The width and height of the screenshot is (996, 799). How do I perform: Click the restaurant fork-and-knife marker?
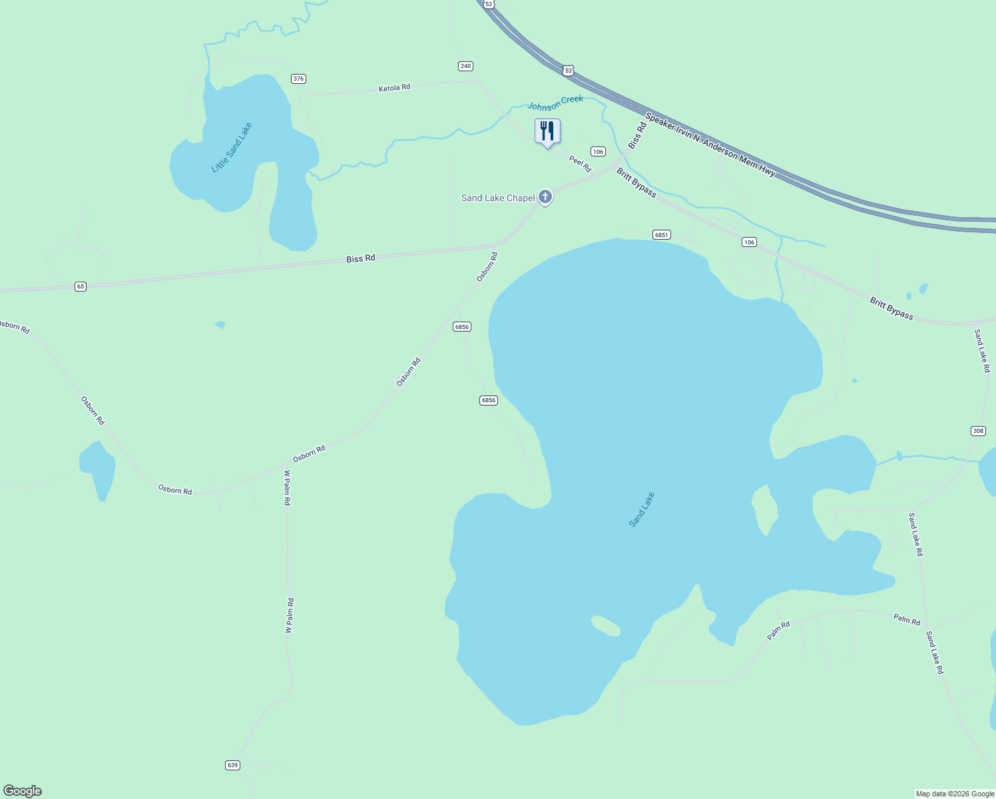pyautogui.click(x=547, y=132)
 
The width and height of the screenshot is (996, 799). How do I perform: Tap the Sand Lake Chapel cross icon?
pyautogui.click(x=545, y=196)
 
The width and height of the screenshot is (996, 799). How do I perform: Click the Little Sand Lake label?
pyautogui.click(x=232, y=148)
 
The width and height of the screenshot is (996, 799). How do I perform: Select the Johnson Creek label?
pyautogui.click(x=555, y=103)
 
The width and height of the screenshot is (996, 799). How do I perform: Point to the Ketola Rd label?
pyautogui.click(x=394, y=88)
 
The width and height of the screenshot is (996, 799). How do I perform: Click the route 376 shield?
pyautogui.click(x=298, y=79)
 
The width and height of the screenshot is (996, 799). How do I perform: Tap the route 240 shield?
pyautogui.click(x=465, y=66)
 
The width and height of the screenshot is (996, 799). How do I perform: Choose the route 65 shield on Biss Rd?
pyautogui.click(x=81, y=286)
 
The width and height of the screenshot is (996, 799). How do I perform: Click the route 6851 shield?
pyautogui.click(x=661, y=234)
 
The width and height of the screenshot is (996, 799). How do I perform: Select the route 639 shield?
pyautogui.click(x=232, y=765)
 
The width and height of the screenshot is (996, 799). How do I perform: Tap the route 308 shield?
pyautogui.click(x=978, y=431)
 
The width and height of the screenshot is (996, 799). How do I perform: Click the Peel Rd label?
pyautogui.click(x=580, y=164)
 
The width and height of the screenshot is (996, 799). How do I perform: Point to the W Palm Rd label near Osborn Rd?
pyautogui.click(x=288, y=487)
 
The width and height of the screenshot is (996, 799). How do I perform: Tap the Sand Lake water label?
pyautogui.click(x=642, y=509)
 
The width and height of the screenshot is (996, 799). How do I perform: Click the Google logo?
pyautogui.click(x=23, y=791)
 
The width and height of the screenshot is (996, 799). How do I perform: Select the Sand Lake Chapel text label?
pyautogui.click(x=498, y=198)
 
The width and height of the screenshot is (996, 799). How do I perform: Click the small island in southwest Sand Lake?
pyautogui.click(x=605, y=625)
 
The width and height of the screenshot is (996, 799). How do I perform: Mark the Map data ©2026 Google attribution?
pyautogui.click(x=955, y=794)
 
